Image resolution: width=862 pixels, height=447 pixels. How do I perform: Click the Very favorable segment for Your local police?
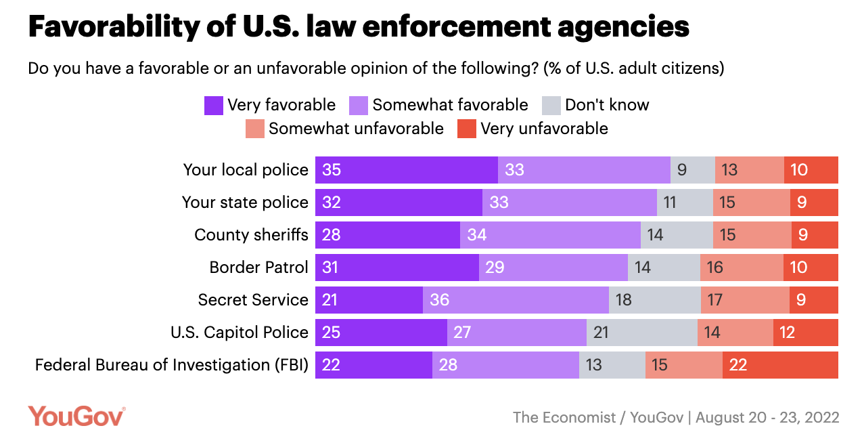tap(406, 170)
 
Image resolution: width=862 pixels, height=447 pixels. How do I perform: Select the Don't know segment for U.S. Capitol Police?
tap(641, 333)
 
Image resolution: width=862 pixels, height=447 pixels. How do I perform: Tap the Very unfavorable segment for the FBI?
tap(780, 365)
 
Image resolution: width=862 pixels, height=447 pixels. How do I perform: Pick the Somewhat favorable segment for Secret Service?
tap(516, 300)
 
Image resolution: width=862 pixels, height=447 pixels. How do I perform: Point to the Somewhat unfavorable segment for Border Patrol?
tap(742, 268)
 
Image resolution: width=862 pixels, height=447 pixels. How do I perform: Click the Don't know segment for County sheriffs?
tap(677, 235)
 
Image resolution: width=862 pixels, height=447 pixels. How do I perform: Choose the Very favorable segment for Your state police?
tap(399, 203)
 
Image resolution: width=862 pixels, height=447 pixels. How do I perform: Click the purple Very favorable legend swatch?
tap(214, 106)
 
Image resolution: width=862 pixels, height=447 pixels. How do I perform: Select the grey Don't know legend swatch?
tap(551, 106)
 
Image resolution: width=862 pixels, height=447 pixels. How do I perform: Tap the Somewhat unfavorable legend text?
tap(356, 129)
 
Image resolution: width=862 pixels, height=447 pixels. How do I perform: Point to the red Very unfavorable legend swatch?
tap(467, 129)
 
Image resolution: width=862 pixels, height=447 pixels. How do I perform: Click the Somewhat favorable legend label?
tap(450, 105)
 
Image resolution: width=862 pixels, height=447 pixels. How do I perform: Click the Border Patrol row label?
tap(258, 268)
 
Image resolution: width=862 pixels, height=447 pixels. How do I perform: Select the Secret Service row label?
tap(253, 300)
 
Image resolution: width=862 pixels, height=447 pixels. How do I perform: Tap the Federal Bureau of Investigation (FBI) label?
tap(172, 365)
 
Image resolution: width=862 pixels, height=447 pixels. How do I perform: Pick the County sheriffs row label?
tap(251, 235)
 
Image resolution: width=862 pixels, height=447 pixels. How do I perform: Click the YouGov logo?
tap(76, 416)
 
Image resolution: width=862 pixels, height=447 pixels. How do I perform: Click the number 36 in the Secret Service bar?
tap(440, 300)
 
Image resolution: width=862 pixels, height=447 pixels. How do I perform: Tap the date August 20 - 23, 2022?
tap(767, 417)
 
